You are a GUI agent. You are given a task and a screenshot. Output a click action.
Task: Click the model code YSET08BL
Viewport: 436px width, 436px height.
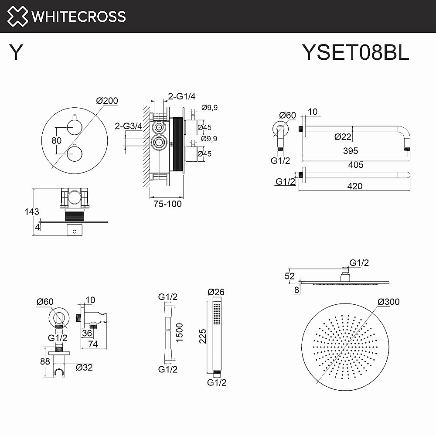(355, 52)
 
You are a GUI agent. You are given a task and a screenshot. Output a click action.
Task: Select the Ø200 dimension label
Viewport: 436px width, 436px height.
(107, 101)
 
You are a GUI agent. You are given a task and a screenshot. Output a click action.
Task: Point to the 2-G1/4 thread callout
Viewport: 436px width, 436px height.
(182, 96)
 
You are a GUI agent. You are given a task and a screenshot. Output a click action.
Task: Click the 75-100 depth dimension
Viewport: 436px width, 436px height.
(167, 204)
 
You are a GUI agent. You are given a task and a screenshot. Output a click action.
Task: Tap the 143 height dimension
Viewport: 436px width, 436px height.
(32, 212)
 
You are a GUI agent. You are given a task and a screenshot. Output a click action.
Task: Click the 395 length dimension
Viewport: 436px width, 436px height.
(350, 151)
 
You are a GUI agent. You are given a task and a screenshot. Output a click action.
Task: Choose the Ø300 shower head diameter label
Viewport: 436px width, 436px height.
(388, 302)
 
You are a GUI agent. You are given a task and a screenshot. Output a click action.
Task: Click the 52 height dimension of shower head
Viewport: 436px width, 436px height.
(290, 276)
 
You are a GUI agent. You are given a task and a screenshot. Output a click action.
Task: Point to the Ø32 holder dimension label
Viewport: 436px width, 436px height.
(84, 367)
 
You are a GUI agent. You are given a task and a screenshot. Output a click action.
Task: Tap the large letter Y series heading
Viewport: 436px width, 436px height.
(17, 52)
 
